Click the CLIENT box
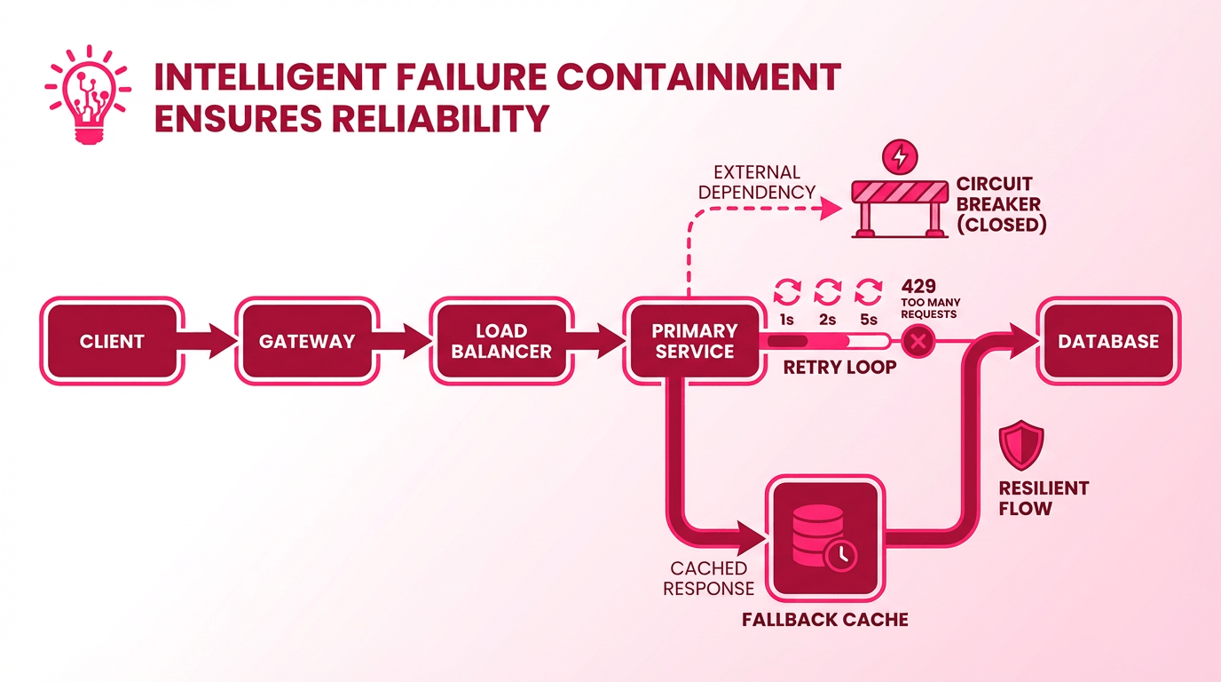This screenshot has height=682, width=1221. (x=112, y=341)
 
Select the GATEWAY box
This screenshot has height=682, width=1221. (x=307, y=341)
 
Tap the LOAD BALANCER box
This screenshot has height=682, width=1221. (x=501, y=341)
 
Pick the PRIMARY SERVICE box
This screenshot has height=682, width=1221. (x=693, y=341)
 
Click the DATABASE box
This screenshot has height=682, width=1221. (x=1108, y=341)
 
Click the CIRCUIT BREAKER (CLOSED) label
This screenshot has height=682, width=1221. (x=1001, y=204)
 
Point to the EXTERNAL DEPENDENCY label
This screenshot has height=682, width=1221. (x=757, y=181)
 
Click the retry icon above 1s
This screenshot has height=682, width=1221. (x=787, y=291)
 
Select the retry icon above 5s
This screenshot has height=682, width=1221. (x=869, y=291)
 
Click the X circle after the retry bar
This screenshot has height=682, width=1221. (x=918, y=341)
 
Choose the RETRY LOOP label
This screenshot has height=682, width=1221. (x=839, y=367)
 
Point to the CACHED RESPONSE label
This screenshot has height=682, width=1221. (x=708, y=578)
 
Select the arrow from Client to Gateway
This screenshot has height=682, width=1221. (x=211, y=341)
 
